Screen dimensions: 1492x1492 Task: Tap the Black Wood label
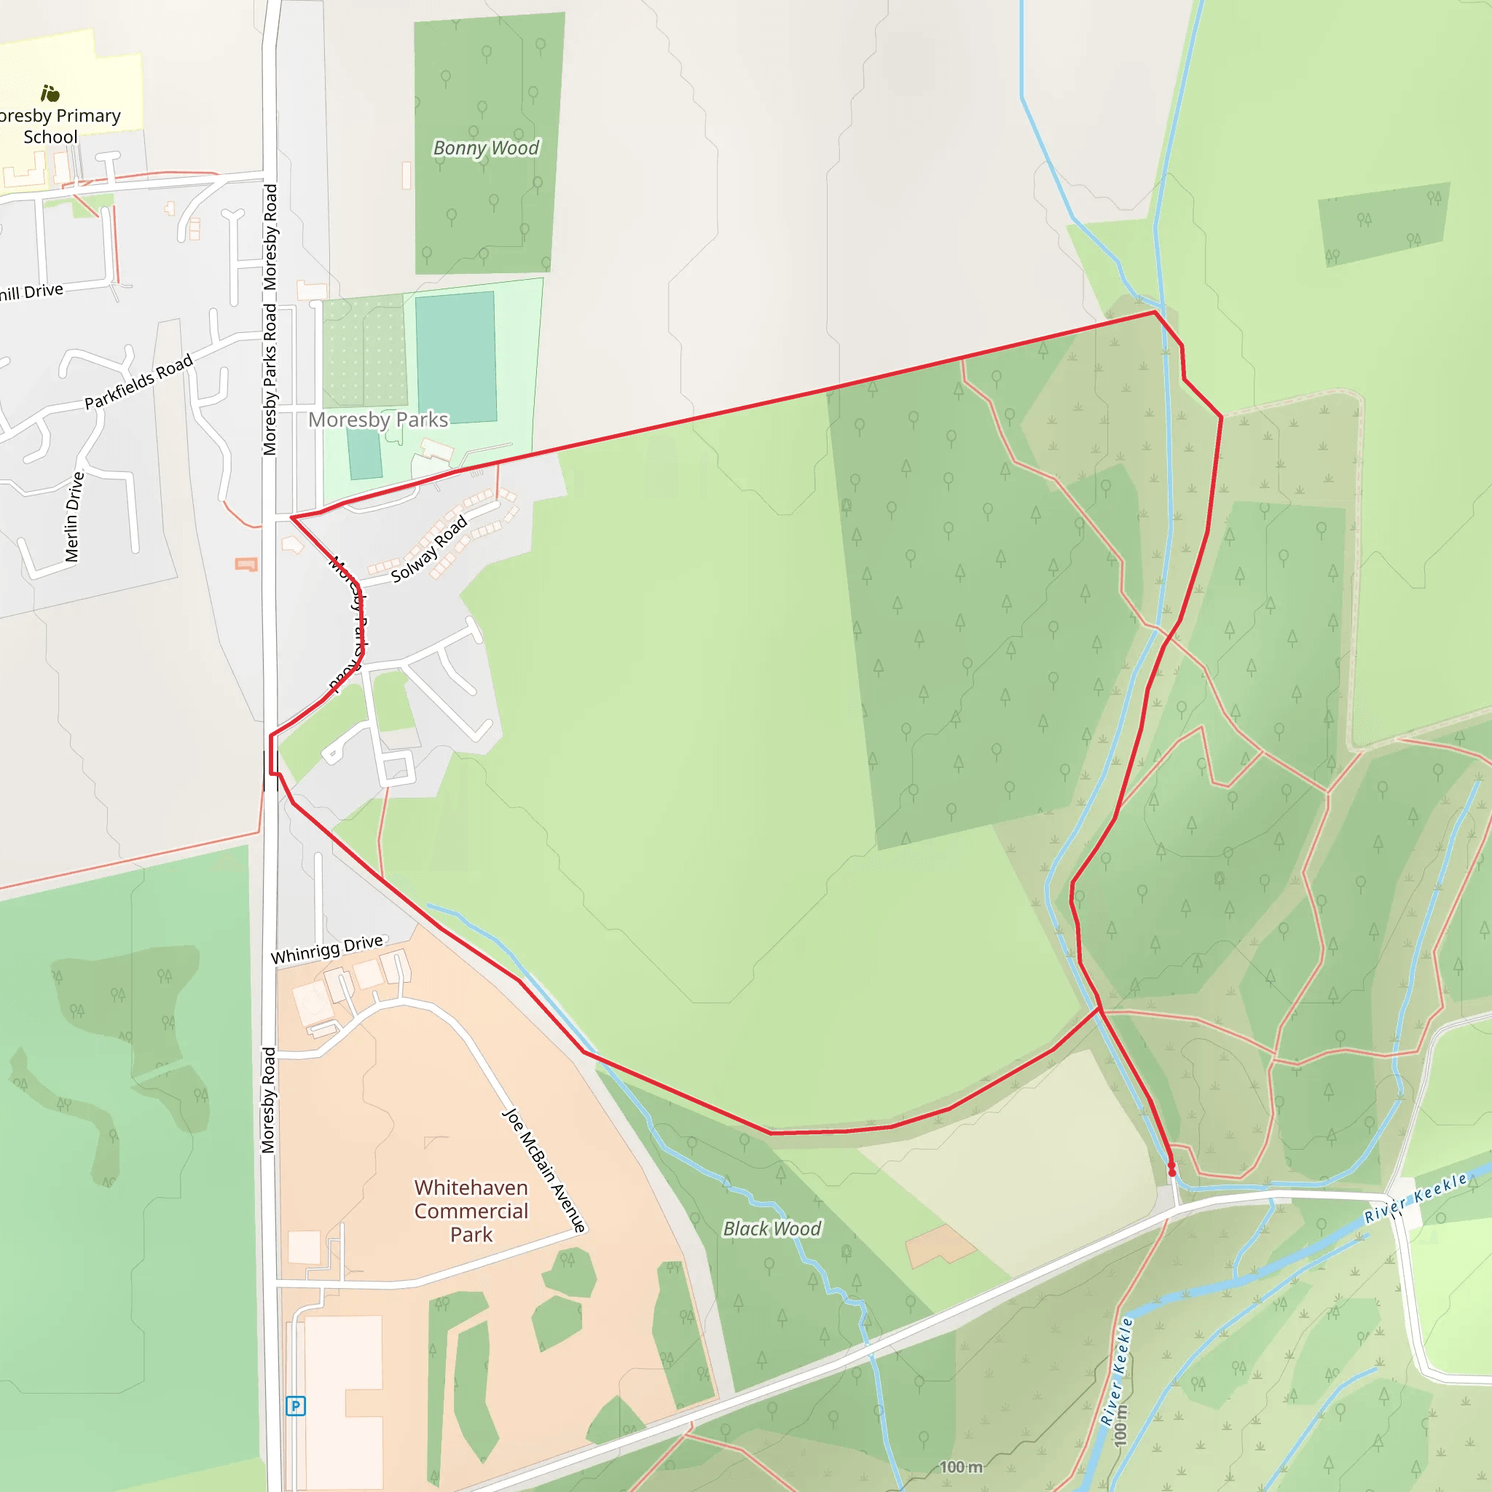771,1229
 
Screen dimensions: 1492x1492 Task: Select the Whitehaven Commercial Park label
471,1211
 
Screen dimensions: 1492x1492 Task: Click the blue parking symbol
296,1405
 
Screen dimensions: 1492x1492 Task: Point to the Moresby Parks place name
377,420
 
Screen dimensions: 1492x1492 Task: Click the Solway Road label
429,549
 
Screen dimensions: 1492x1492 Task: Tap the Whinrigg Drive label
326,949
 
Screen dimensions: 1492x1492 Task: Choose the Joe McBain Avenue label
543,1170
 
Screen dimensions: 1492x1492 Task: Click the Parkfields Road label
138,382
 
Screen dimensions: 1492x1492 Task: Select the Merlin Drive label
74,517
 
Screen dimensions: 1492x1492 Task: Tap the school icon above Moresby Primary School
50,93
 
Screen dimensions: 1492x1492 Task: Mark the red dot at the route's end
1172,1173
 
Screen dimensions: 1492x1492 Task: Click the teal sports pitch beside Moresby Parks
455,357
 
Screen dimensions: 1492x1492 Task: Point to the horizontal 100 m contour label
961,1467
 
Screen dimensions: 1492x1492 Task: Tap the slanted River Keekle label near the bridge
1415,1198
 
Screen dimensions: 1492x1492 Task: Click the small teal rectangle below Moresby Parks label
364,454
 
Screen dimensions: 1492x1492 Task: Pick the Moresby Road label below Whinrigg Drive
268,1101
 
